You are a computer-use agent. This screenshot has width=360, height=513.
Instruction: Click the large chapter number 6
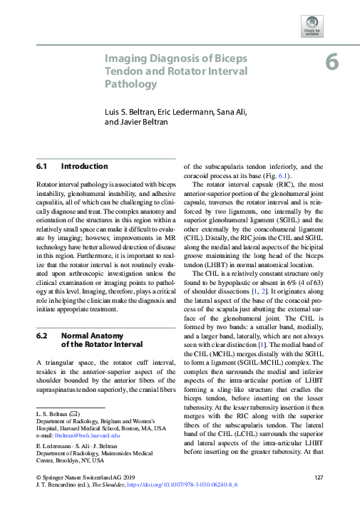332,62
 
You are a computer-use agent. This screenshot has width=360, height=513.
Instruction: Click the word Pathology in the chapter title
131,84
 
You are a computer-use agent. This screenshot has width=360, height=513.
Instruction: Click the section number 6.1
41,167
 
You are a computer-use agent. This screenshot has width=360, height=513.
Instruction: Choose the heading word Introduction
84,167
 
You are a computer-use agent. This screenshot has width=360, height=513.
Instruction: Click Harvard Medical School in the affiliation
94,427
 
